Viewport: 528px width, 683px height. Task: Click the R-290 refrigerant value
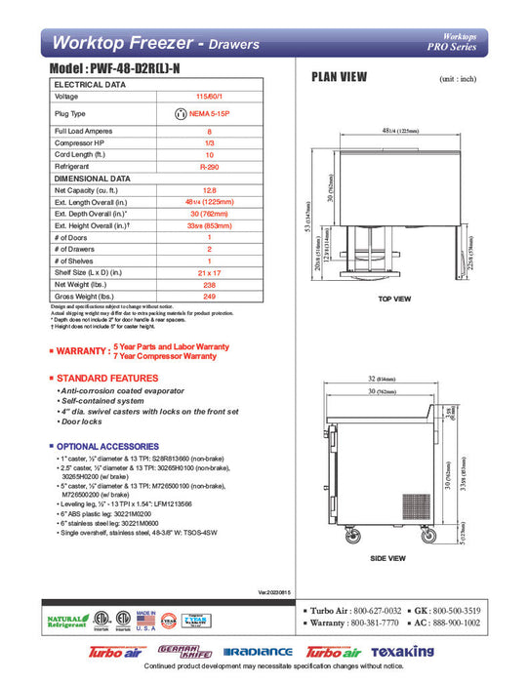[208, 168]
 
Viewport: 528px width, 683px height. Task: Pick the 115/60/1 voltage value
[208, 97]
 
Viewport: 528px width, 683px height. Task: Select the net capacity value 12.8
[208, 191]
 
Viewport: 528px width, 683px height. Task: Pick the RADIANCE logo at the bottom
[258, 651]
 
